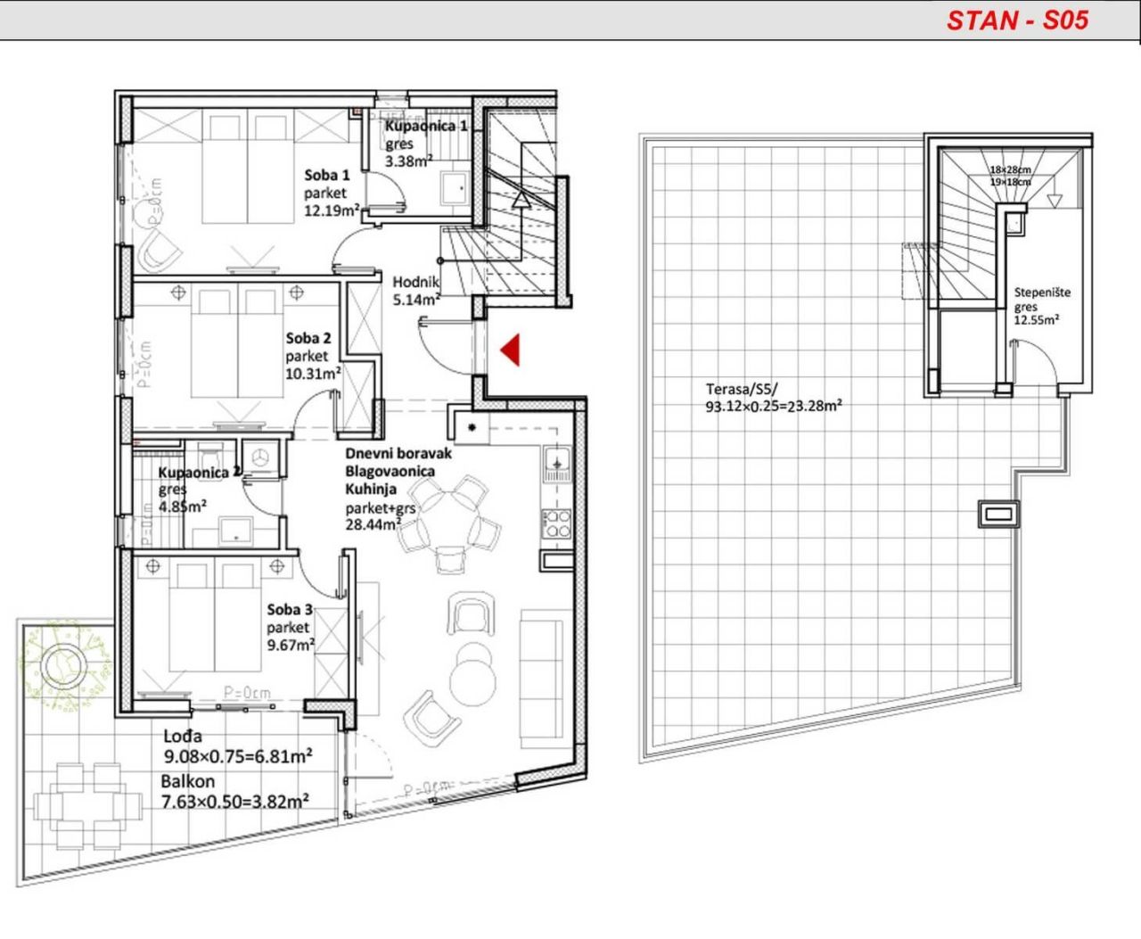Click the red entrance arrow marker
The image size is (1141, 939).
click(510, 350)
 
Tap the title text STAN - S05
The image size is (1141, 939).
click(1017, 21)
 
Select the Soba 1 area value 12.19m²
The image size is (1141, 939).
click(332, 210)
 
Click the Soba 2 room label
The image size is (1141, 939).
click(308, 338)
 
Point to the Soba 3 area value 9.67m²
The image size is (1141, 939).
click(291, 645)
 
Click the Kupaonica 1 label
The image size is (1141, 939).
click(426, 127)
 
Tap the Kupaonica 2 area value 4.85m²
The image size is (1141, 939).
click(183, 506)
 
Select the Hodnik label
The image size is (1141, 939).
click(416, 282)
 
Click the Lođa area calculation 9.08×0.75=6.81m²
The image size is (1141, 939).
click(237, 757)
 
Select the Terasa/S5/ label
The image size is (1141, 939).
click(742, 389)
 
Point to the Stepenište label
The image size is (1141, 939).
click(1042, 292)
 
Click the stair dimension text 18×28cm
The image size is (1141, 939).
click(1009, 170)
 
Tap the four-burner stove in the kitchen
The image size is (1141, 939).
click(557, 523)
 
